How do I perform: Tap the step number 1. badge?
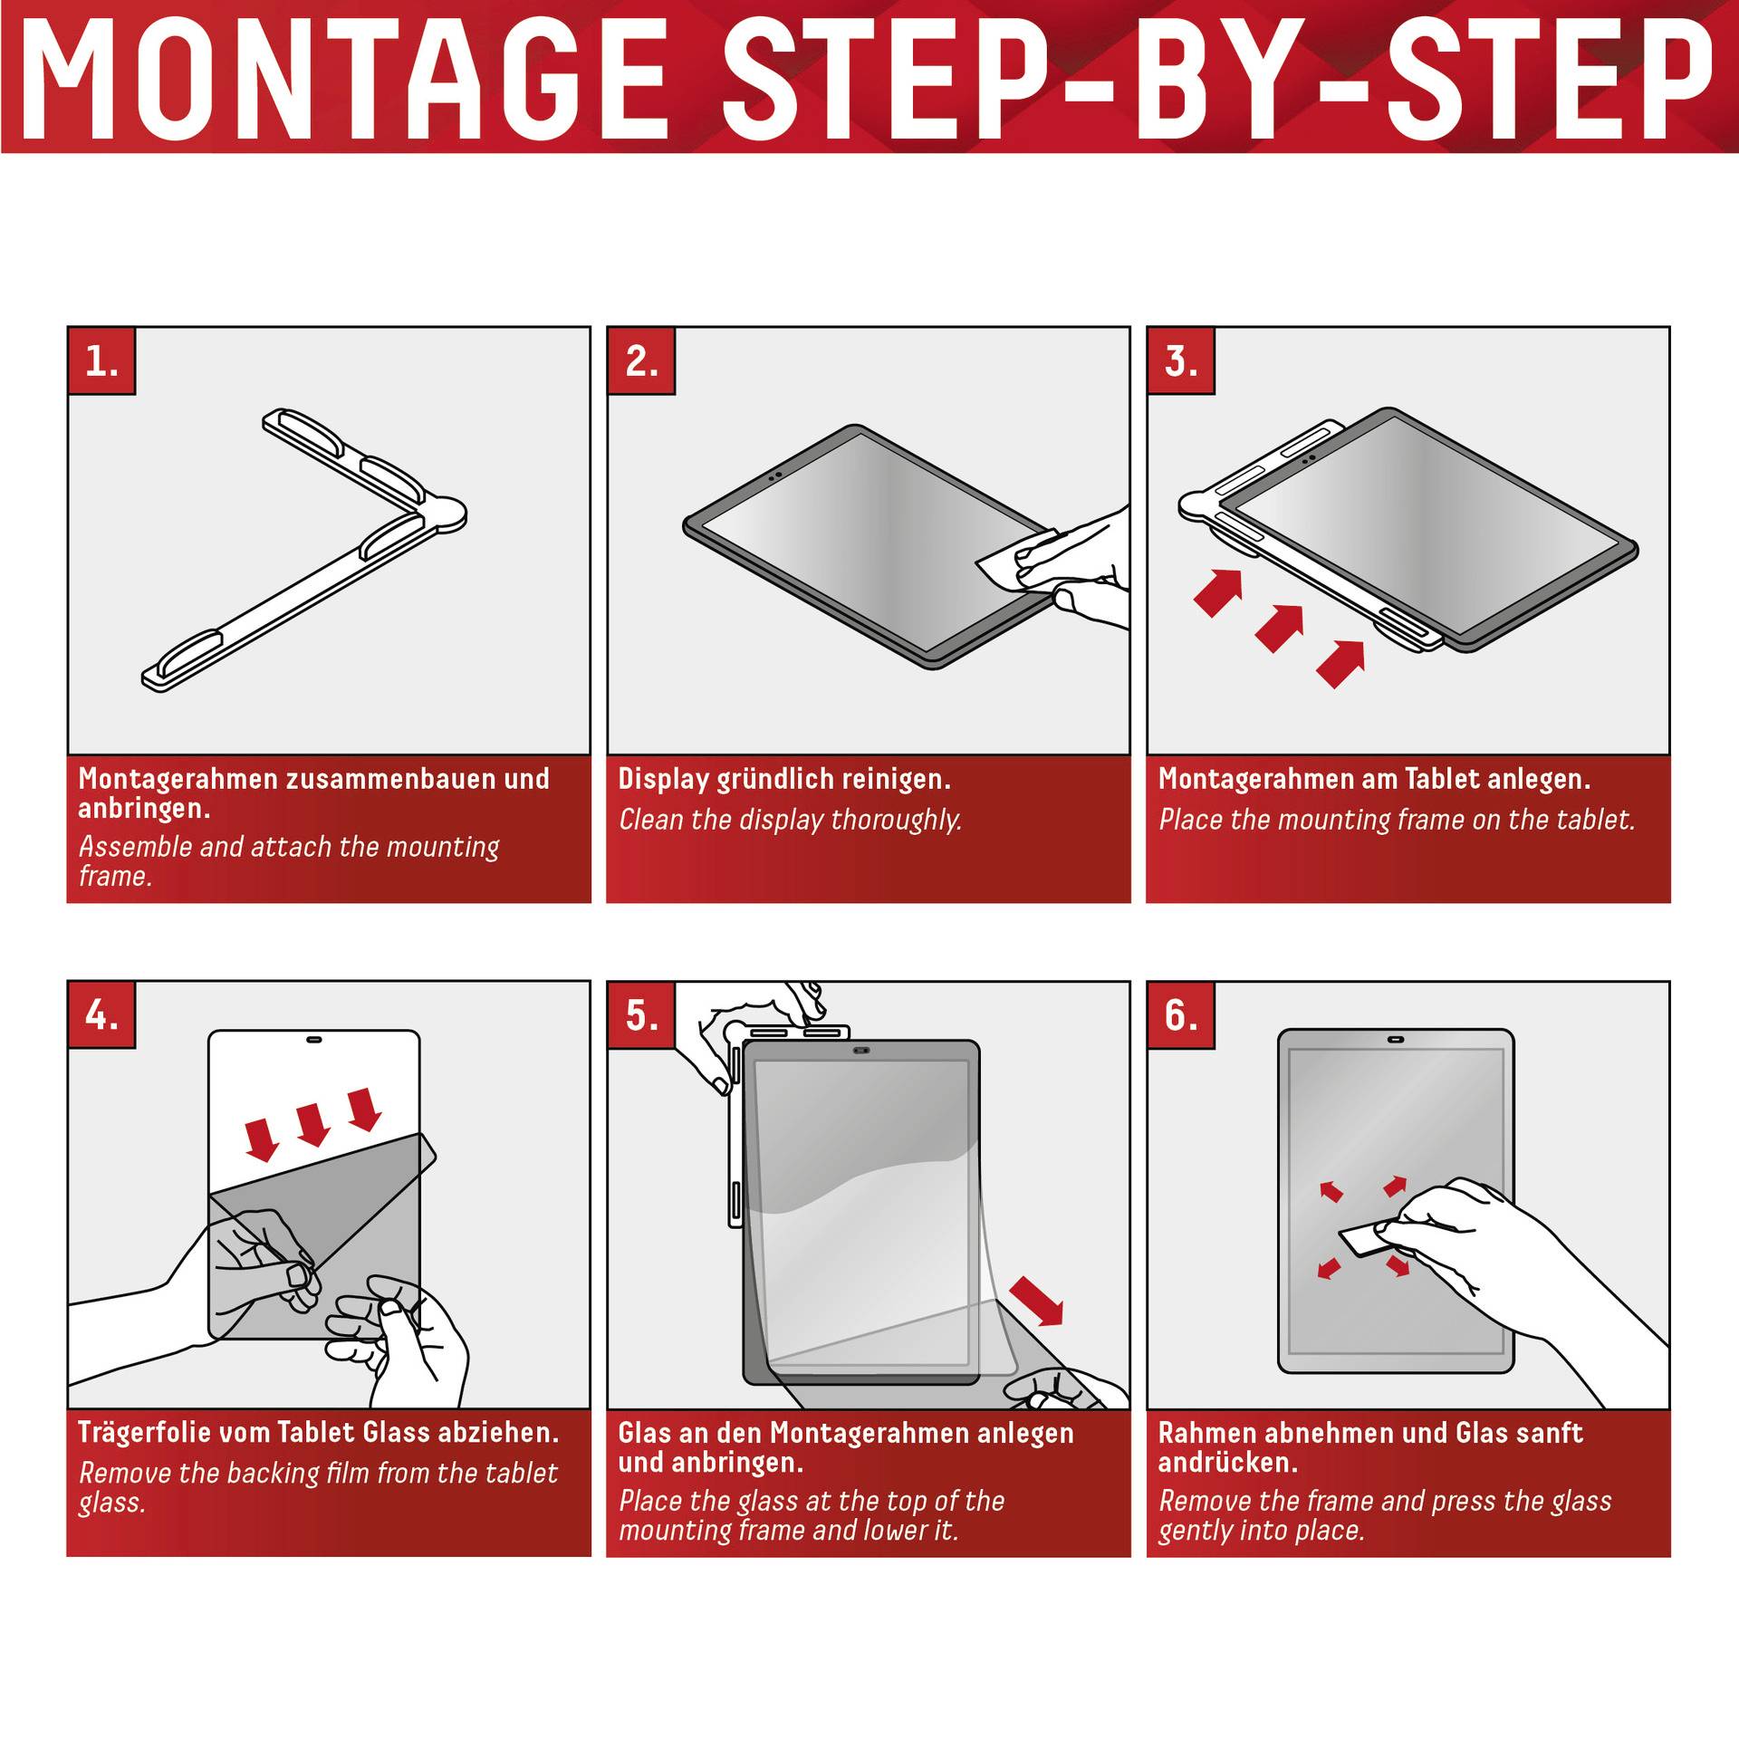pyautogui.click(x=101, y=360)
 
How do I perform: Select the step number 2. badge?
pyautogui.click(x=641, y=360)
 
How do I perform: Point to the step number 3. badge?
pyautogui.click(x=1181, y=360)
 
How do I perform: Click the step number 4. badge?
pyautogui.click(x=101, y=1014)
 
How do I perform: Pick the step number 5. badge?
pyautogui.click(x=641, y=1014)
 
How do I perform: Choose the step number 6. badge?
pyautogui.click(x=1181, y=1014)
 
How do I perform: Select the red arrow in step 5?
pyautogui.click(x=1037, y=1301)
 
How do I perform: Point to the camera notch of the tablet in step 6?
pyautogui.click(x=1396, y=1040)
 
